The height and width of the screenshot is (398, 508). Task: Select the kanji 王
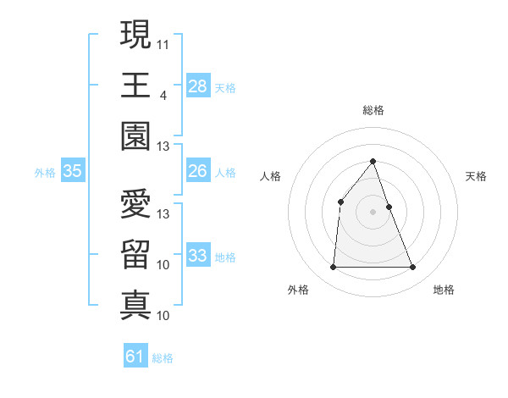(x=135, y=85)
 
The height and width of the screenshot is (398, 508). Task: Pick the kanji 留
(x=135, y=254)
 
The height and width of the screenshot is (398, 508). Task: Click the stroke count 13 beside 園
(x=163, y=146)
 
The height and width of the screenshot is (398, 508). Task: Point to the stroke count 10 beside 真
(x=163, y=316)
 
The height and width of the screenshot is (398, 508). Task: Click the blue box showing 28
(x=197, y=86)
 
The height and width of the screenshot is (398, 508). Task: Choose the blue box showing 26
(x=197, y=172)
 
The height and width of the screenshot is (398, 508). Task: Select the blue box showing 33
(x=197, y=257)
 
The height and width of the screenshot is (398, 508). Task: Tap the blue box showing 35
(x=72, y=172)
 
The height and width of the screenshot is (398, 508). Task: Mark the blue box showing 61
(x=135, y=357)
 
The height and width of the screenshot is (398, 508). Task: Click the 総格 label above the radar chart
(x=373, y=111)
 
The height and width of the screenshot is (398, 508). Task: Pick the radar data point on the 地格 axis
(x=413, y=268)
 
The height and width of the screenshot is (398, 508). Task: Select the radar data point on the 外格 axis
(x=333, y=268)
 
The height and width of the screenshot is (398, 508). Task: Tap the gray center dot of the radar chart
(x=373, y=211)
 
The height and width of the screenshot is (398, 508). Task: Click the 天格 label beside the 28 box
(x=225, y=87)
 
